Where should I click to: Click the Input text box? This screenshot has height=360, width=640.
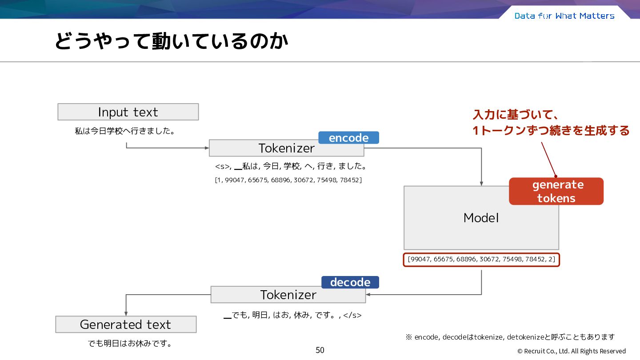coord(128,112)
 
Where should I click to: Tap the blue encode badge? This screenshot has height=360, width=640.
coord(348,138)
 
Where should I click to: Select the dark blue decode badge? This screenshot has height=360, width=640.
coord(350,282)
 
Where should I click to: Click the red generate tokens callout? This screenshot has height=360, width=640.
coord(556,191)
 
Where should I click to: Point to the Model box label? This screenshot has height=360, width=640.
coord(481,218)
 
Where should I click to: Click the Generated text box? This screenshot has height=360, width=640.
coord(126,324)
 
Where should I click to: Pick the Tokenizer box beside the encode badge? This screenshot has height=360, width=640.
coord(287,148)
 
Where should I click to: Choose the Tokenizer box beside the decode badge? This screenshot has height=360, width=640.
coord(288,295)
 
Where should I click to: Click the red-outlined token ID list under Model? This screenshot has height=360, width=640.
coord(481,260)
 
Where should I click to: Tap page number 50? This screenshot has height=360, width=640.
coord(320,350)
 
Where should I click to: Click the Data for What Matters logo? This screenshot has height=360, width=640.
coord(564,16)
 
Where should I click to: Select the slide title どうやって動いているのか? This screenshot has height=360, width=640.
coord(172,41)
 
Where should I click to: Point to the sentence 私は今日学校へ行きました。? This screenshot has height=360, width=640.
coord(124,131)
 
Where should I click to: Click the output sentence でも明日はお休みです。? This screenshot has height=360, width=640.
coord(130,343)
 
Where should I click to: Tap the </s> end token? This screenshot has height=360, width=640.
coord(352,315)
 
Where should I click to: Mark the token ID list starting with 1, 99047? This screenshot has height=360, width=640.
coord(288,180)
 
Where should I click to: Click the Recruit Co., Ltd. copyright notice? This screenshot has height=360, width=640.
coord(572,351)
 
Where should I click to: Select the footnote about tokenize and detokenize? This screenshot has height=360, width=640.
coord(510,337)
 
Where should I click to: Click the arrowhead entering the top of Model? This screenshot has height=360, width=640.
coord(481,184)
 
